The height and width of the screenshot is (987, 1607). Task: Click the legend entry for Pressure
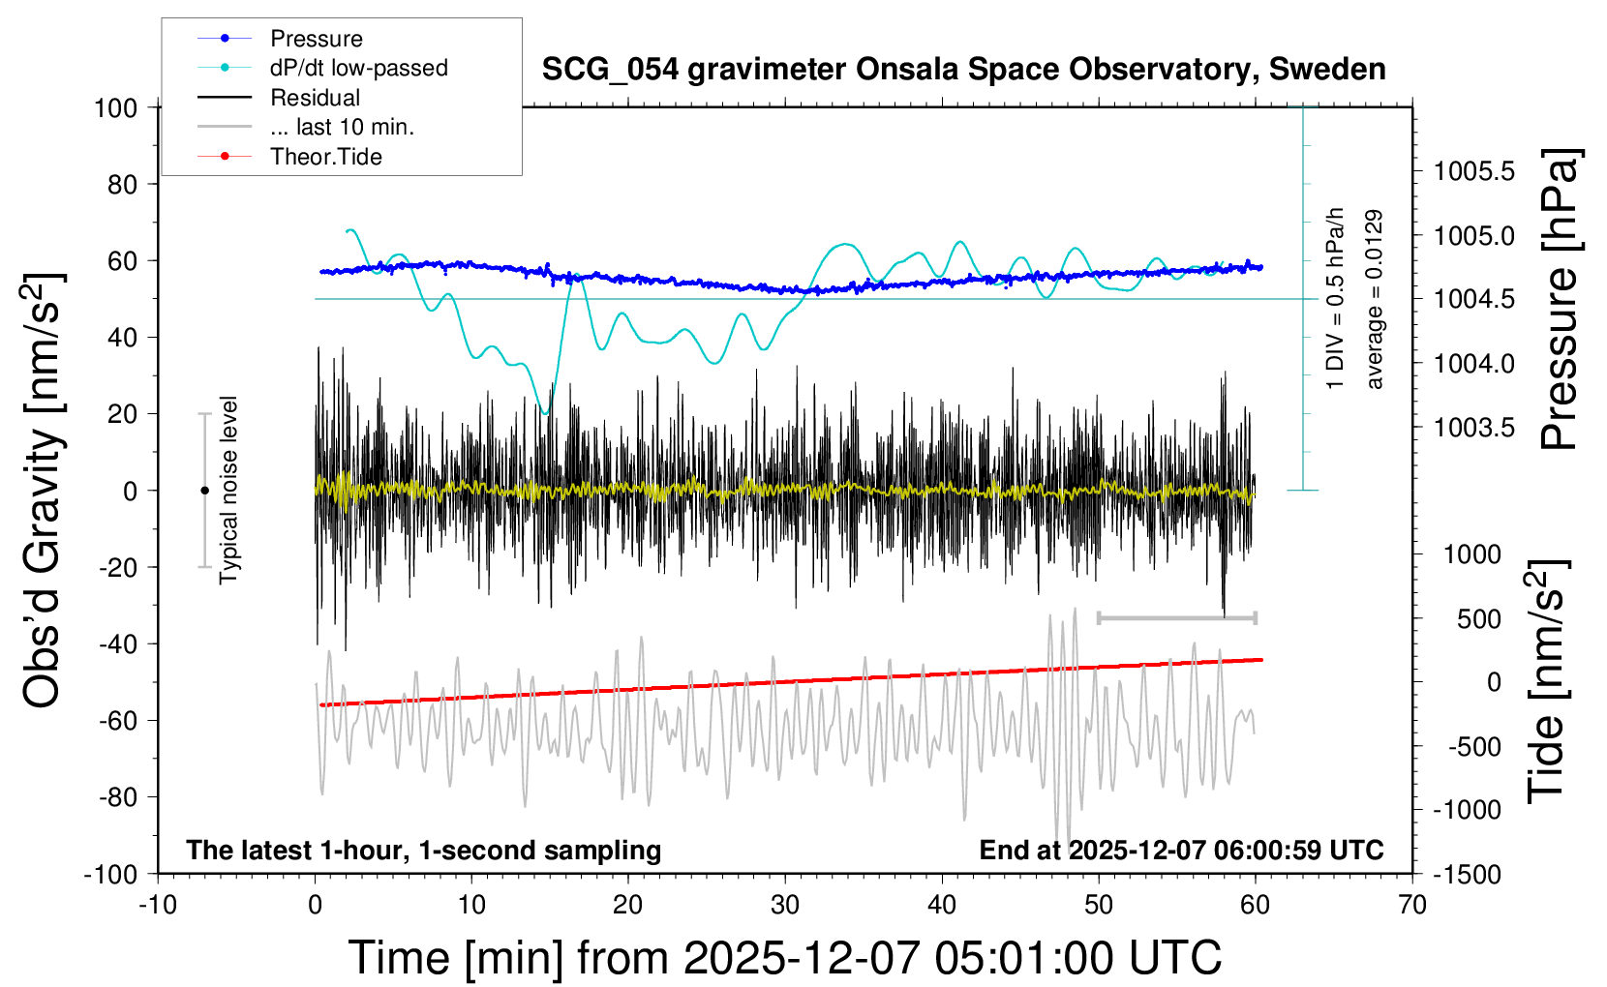click(316, 39)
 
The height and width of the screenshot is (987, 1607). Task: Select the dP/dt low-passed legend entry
click(358, 68)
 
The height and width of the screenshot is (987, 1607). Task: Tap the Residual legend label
click(315, 98)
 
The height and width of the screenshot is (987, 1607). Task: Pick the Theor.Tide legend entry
click(326, 157)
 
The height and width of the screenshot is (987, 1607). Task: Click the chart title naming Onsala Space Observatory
click(963, 70)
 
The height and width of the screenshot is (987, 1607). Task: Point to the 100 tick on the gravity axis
click(116, 107)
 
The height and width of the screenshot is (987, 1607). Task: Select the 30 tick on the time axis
click(785, 905)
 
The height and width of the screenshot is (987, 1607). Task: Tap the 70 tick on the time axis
click(1412, 905)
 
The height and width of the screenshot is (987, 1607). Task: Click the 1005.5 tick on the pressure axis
click(1474, 171)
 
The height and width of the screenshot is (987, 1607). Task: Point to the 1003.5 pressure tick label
click(1474, 427)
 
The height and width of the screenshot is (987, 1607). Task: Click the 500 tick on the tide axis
click(1478, 618)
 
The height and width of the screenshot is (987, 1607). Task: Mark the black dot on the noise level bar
click(204, 491)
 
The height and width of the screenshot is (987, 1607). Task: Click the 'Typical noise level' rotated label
click(228, 490)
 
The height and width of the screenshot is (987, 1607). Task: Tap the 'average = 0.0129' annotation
click(1375, 300)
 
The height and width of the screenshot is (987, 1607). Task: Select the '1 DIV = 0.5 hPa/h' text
click(1336, 298)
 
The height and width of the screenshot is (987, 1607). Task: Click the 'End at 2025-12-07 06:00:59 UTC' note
click(1181, 850)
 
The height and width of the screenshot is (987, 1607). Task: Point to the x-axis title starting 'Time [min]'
click(785, 957)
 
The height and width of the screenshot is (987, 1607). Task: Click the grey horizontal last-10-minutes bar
click(1176, 617)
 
